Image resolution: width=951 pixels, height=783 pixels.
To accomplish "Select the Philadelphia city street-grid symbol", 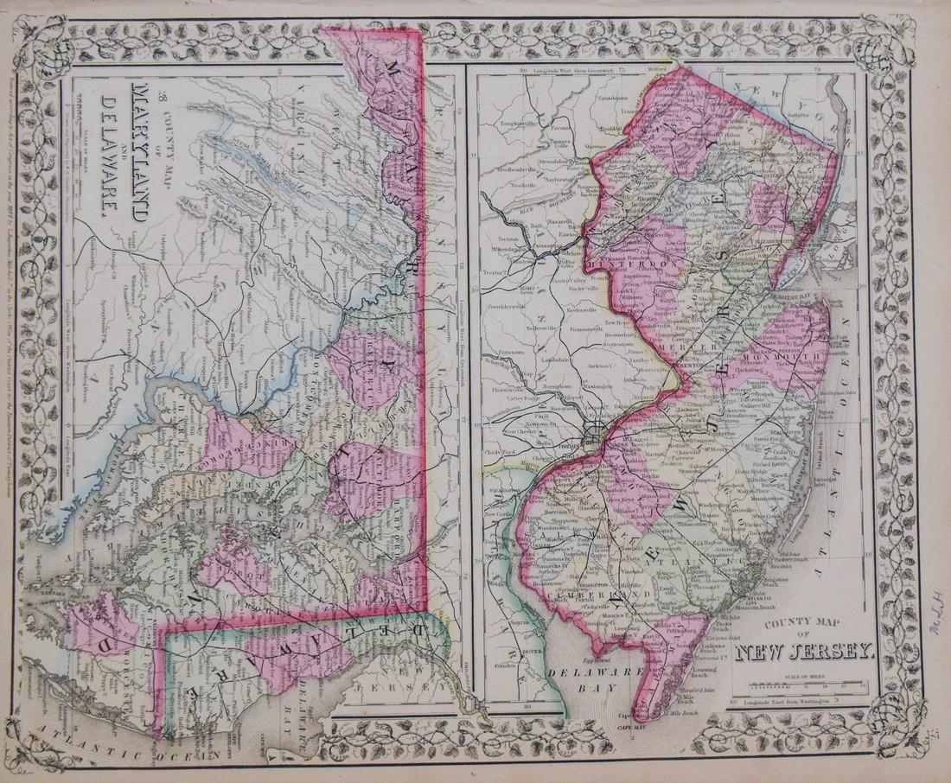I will pyautogui.click(x=595, y=428).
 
